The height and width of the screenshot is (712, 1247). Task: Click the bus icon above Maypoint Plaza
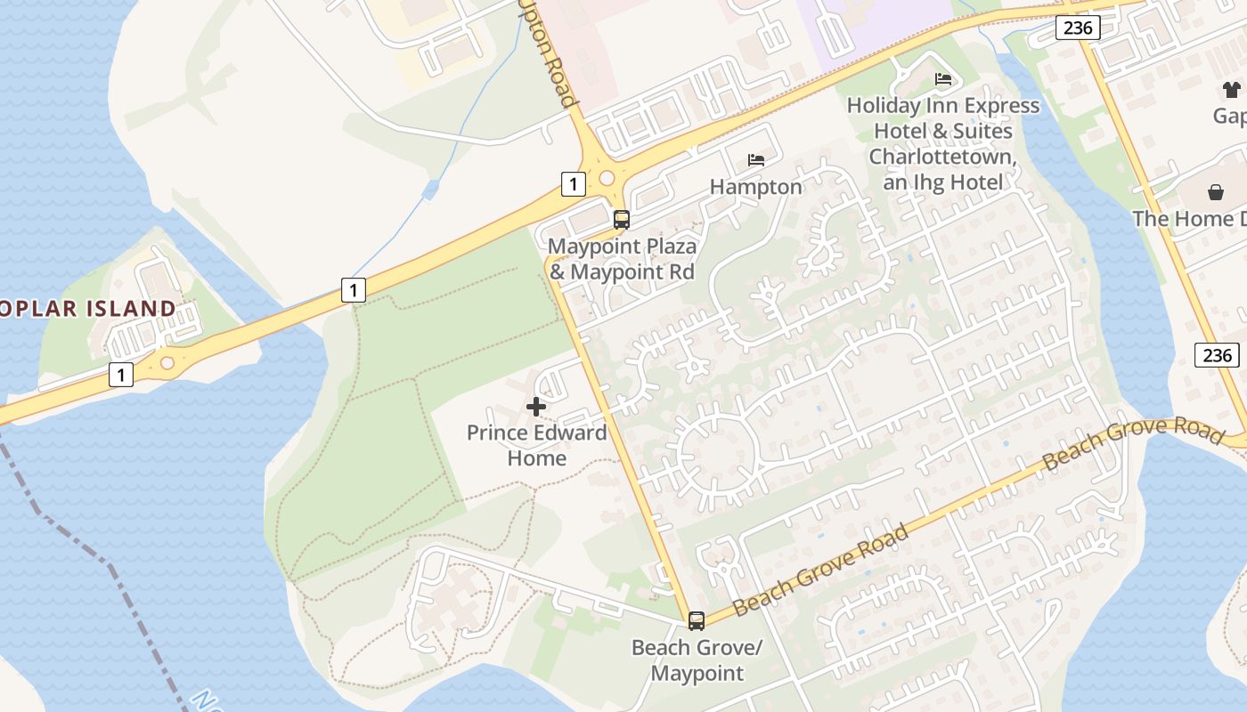[622, 219]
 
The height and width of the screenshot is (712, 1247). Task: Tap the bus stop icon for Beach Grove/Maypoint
[697, 620]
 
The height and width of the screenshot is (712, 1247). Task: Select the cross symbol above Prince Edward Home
[536, 407]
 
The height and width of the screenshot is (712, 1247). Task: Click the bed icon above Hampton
[756, 160]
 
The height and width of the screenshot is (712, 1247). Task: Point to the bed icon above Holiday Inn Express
[943, 79]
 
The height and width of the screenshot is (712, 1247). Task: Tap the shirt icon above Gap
[1232, 89]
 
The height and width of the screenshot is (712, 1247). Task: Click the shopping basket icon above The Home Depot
[1216, 192]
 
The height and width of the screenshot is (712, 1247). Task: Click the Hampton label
[756, 187]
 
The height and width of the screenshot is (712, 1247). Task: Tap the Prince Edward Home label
[536, 445]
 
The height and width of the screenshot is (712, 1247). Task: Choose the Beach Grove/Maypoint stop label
[697, 659]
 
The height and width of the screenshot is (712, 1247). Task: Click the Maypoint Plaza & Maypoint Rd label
[622, 258]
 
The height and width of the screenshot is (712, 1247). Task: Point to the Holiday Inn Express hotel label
[943, 143]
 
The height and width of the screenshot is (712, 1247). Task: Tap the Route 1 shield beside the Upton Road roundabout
[574, 184]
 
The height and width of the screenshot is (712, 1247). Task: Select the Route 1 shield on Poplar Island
[121, 375]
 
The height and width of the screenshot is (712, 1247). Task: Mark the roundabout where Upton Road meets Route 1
[607, 178]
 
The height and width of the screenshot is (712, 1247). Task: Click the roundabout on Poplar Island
[167, 363]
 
